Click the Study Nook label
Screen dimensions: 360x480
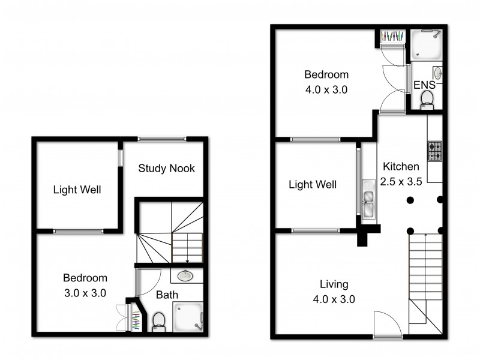[166, 169]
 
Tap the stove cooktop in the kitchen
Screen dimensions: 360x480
[434, 151]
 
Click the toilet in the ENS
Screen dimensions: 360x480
[428, 100]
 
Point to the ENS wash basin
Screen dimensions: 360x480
[437, 73]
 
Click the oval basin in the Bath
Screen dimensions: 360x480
[186, 276]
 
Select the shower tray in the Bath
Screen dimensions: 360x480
[188, 316]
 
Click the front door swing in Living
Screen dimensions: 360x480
[386, 324]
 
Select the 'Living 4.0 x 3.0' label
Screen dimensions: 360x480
[334, 291]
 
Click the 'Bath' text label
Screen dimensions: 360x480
[166, 295]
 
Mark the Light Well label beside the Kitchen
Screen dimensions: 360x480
[313, 185]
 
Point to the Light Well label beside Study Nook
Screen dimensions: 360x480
[77, 190]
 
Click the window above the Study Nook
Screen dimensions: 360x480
[161, 139]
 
